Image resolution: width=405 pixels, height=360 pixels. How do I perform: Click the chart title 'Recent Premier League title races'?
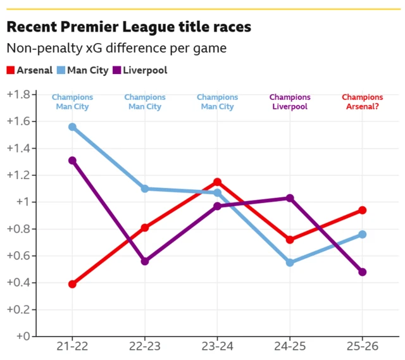coord(128,27)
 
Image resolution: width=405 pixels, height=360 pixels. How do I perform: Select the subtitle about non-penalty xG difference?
coord(116,48)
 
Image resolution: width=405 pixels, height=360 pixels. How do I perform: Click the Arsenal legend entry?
coord(30,70)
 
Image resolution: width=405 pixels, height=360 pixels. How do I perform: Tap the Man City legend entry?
coord(82,70)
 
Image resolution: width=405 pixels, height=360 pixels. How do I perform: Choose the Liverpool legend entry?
coord(140,70)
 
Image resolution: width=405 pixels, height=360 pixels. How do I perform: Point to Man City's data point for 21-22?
coord(72,127)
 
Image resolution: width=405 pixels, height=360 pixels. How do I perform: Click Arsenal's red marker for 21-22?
coord(72,284)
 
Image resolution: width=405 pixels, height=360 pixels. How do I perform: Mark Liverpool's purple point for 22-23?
coord(145,261)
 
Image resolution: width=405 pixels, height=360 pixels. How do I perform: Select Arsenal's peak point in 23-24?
coord(217,182)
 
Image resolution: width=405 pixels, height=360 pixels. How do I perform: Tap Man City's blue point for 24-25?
coord(290,263)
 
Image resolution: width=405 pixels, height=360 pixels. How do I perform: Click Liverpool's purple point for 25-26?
coord(363,272)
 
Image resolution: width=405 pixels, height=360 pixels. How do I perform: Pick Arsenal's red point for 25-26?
coord(363,210)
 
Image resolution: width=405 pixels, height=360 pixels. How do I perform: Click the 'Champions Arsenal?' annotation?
coord(363,102)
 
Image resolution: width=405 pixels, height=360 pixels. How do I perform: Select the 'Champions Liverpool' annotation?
coord(290,102)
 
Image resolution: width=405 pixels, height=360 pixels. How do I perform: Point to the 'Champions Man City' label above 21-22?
coord(72,102)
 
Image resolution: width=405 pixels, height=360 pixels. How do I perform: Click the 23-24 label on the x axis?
coord(217,347)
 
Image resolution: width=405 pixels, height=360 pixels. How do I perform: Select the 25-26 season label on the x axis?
coord(363,347)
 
